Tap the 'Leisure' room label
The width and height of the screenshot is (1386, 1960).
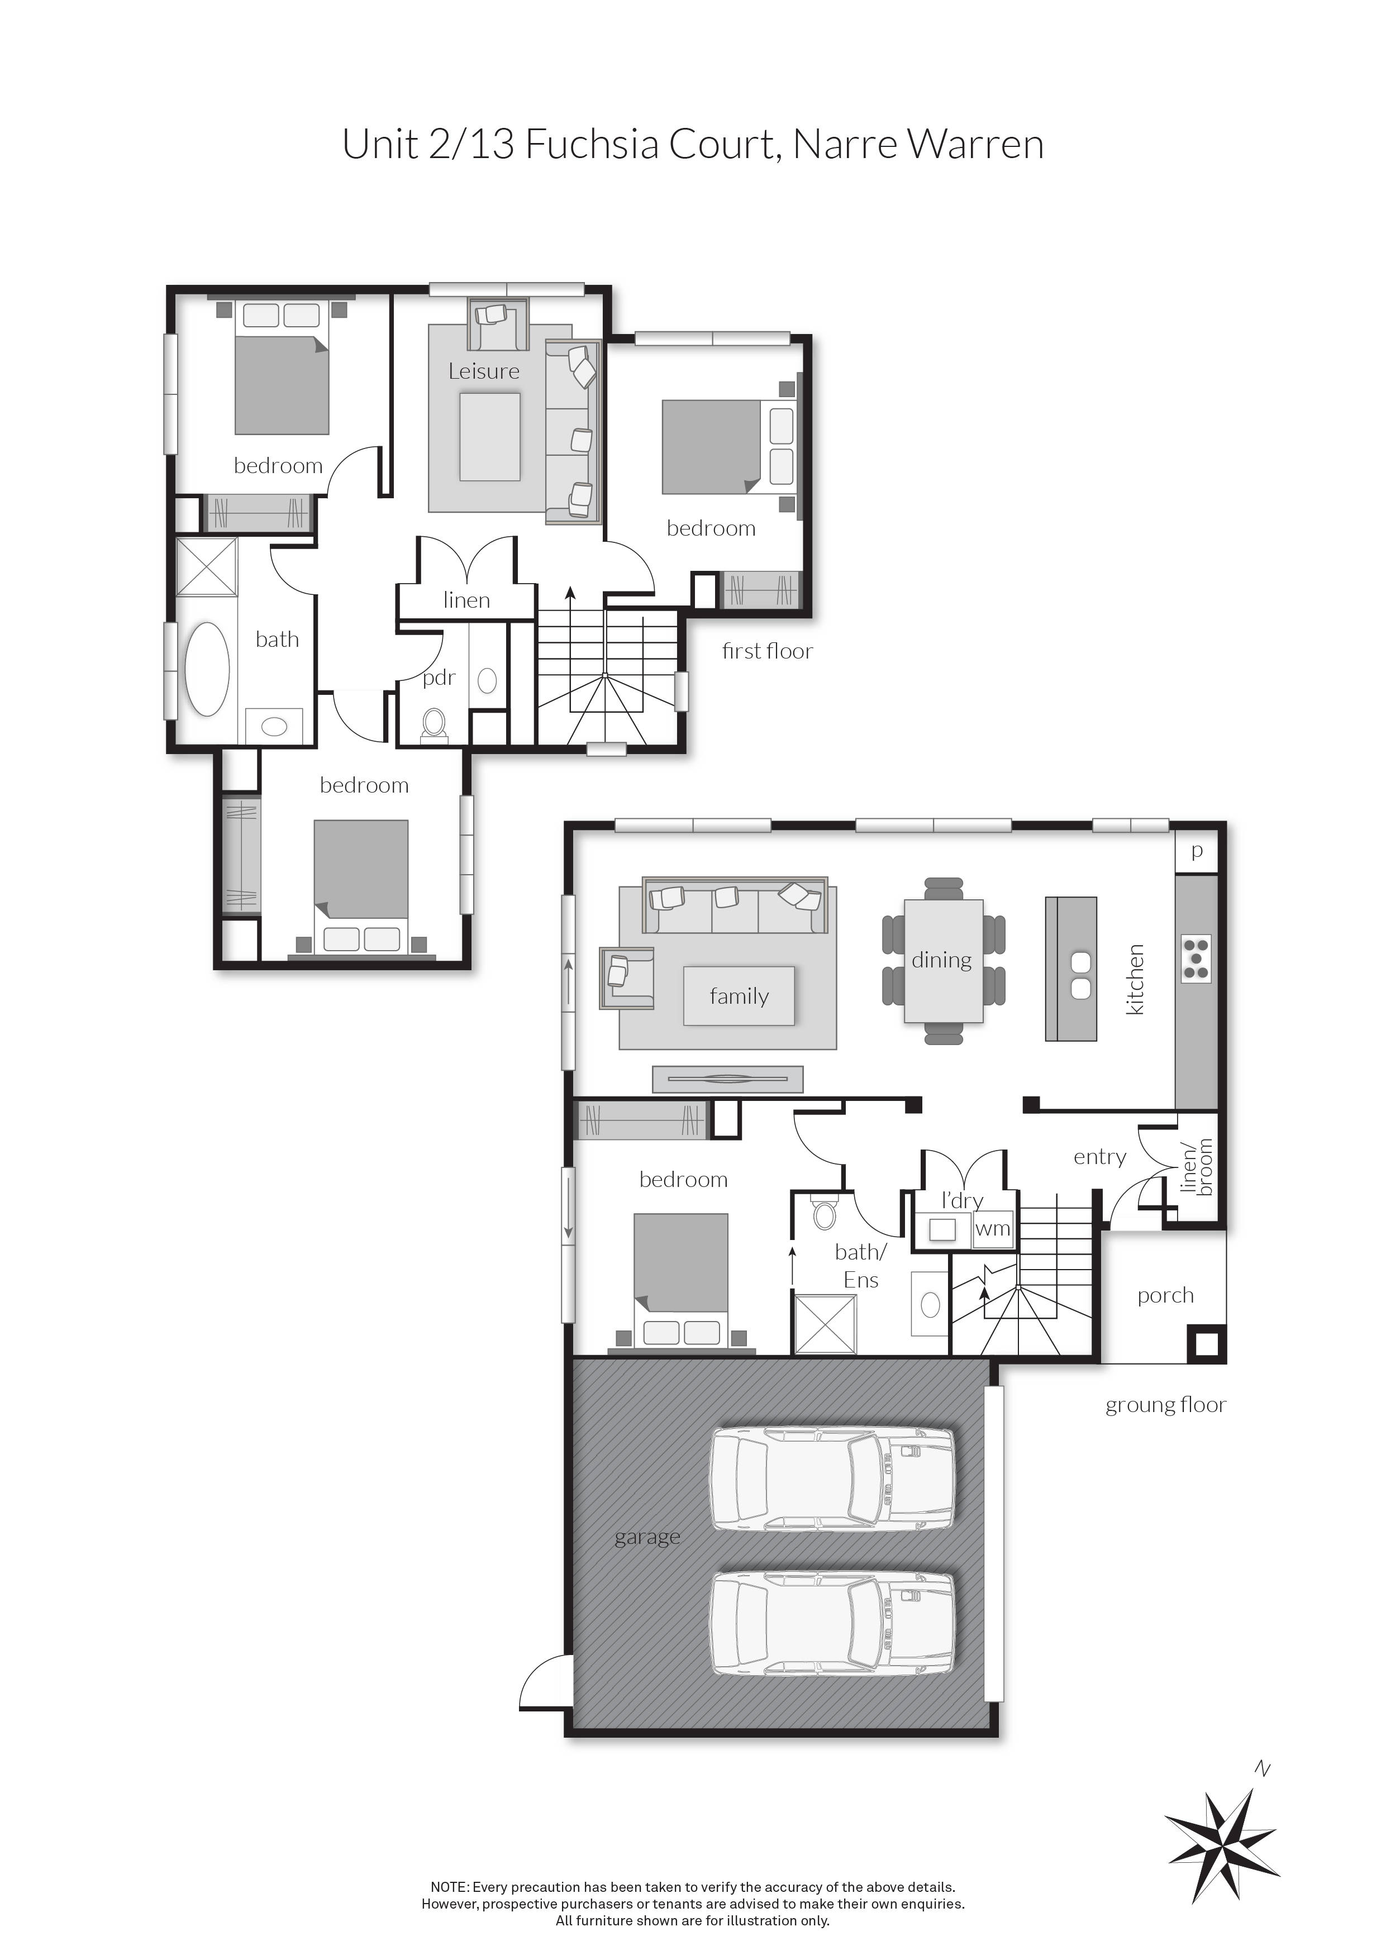point(483,371)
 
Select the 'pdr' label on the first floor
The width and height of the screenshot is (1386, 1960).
point(439,678)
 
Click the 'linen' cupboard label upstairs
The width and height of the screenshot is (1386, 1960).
point(466,600)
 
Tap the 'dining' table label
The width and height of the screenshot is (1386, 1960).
point(941,960)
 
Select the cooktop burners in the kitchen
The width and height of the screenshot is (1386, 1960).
point(1196,958)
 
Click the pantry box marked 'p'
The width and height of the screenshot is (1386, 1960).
point(1197,851)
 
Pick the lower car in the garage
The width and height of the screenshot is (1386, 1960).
point(832,1623)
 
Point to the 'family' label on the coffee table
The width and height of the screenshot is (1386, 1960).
point(739,996)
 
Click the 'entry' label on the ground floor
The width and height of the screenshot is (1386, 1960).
point(1099,1157)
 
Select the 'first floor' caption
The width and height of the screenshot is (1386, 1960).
point(767,651)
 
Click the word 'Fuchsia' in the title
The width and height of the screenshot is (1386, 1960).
point(591,144)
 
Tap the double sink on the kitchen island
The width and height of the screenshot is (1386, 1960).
point(1079,975)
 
